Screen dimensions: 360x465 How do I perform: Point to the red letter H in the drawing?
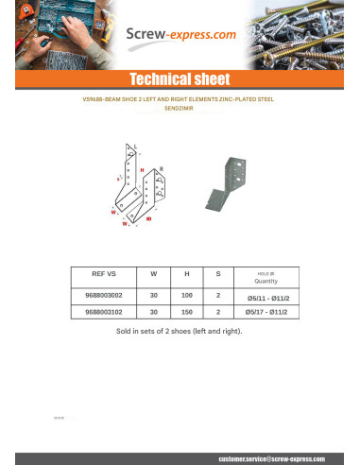click(142, 170)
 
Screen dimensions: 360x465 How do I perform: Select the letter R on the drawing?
click(162, 168)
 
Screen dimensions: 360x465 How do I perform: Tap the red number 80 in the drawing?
click(149, 218)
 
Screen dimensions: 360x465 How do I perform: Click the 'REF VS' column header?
click(103, 273)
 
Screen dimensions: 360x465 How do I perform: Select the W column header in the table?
click(154, 273)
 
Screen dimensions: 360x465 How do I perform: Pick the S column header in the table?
click(218, 273)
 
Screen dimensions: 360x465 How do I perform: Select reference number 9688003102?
click(103, 311)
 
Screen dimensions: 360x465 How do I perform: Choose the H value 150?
click(186, 311)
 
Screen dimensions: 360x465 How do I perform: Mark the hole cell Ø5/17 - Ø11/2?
click(266, 311)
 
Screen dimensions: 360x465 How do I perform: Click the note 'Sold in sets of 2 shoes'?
click(179, 332)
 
